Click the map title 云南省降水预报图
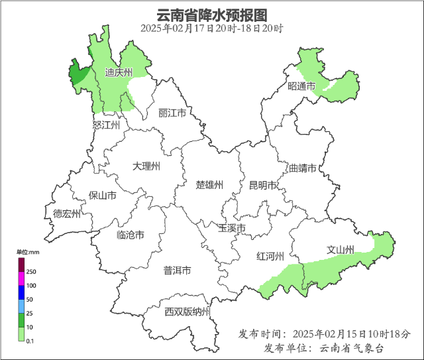[x=212, y=15]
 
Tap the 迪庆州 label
[x=119, y=72]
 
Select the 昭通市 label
[x=301, y=86]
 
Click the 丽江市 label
[x=172, y=113]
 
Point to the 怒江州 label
[x=106, y=125]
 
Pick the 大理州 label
[x=146, y=166]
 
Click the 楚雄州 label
[x=210, y=184]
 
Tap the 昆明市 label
[x=262, y=185]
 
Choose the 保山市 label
[x=103, y=196]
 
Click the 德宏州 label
[x=67, y=213]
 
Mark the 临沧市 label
[x=131, y=235]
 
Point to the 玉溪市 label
[x=232, y=228]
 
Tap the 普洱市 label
[x=178, y=270]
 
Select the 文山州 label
[x=340, y=250]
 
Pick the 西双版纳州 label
[x=187, y=312]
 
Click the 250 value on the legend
[x=31, y=272]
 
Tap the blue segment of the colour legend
[x=21, y=292]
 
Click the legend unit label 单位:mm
[x=28, y=252]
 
